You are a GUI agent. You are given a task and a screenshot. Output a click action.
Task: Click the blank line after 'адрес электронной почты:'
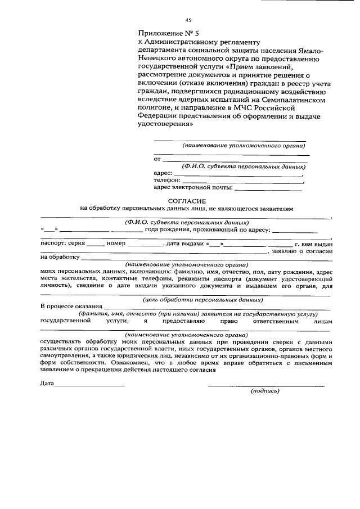(x=267, y=188)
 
